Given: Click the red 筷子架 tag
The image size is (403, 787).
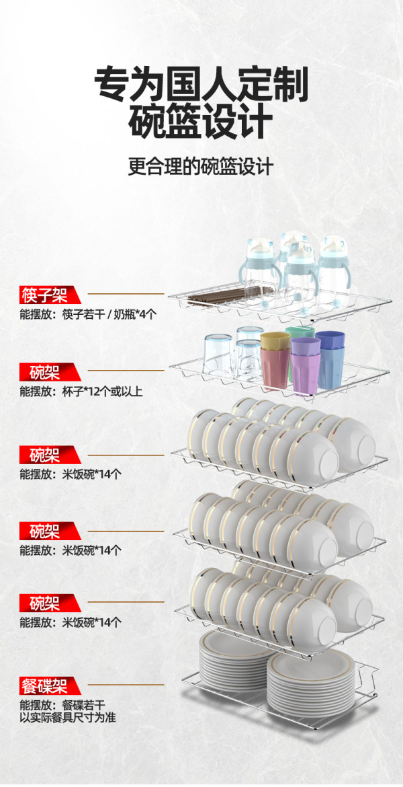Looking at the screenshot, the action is (x=49, y=295).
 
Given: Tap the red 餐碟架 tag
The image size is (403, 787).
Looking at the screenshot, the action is (x=49, y=685).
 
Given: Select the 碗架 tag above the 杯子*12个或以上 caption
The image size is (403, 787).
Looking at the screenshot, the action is (x=49, y=372).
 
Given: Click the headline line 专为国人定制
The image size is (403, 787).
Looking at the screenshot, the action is (x=201, y=84).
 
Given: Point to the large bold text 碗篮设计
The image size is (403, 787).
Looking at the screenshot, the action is (x=201, y=122).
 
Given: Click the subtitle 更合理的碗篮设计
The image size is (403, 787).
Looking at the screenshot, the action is (x=201, y=166).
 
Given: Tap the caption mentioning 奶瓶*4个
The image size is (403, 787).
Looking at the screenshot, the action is (x=88, y=314).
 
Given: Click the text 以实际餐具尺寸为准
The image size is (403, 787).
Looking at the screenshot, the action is (x=68, y=717).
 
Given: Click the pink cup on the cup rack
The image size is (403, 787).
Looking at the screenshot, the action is (x=275, y=368).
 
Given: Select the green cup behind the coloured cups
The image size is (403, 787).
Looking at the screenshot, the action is (x=300, y=333).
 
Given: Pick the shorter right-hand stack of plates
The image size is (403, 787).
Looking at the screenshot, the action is (x=311, y=683).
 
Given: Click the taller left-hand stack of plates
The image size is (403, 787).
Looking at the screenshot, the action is (x=236, y=659).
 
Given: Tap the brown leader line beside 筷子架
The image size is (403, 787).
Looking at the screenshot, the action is (x=126, y=294).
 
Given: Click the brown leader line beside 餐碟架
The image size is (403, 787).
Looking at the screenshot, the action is (x=126, y=684).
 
